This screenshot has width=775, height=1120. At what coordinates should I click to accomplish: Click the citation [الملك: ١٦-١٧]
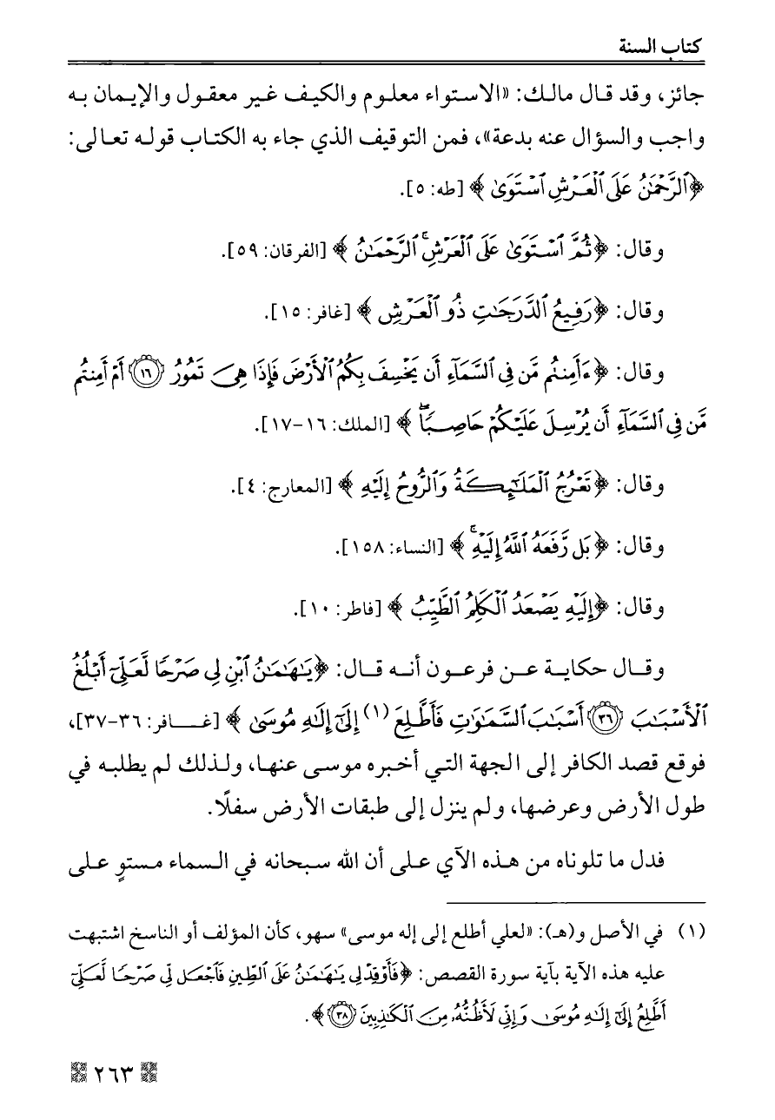pyautogui.click(x=308, y=425)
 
